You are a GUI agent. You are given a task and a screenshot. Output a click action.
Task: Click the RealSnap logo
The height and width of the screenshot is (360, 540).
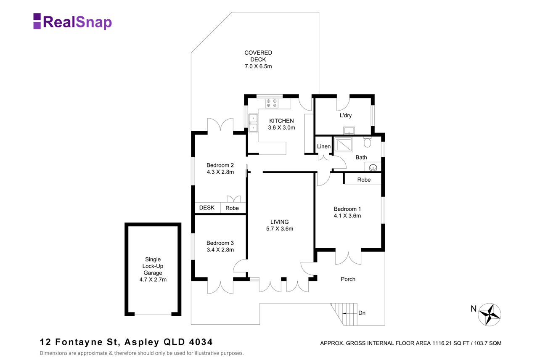click(x=72, y=21)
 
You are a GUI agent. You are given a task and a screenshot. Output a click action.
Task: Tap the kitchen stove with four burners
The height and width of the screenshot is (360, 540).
click(x=271, y=103)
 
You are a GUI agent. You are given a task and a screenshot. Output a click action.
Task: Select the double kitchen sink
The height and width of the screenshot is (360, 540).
click(x=253, y=123)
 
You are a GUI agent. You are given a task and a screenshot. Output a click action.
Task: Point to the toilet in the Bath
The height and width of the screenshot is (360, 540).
click(x=367, y=142)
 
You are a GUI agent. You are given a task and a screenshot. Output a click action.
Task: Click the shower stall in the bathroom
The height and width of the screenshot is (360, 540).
click(x=343, y=144)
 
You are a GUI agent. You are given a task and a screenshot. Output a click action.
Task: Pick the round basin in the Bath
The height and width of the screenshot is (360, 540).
click(x=373, y=167)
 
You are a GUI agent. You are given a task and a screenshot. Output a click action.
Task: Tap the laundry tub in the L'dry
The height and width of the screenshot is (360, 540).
click(x=349, y=130)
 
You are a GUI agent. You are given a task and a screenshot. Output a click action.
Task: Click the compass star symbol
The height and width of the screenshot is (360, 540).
click(x=490, y=315)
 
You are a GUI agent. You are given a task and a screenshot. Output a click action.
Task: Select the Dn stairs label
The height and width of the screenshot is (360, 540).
click(x=362, y=313)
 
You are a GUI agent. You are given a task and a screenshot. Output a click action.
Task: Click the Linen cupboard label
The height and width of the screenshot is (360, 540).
click(x=323, y=146)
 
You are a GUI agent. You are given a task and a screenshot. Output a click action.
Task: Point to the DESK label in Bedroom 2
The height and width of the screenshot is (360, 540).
click(x=207, y=208)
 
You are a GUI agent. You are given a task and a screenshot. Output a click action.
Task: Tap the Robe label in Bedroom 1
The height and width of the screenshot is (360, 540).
click(x=364, y=180)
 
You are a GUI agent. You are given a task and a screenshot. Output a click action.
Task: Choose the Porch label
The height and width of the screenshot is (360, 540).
click(x=348, y=279)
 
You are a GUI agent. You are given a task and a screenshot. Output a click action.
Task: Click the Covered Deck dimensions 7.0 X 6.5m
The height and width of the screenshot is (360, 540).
click(x=258, y=66)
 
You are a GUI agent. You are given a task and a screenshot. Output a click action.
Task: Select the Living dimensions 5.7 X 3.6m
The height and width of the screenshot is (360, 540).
click(x=280, y=229)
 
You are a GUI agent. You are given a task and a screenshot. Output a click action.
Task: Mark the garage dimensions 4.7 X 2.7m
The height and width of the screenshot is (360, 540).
click(x=153, y=280)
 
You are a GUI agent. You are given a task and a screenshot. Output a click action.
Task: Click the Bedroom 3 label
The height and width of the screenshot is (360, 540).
click(x=220, y=243)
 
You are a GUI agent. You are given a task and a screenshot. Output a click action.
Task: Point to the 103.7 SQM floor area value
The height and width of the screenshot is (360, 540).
click(x=488, y=343)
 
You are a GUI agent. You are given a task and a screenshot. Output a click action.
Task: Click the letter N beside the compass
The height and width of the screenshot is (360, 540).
click(x=474, y=309)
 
